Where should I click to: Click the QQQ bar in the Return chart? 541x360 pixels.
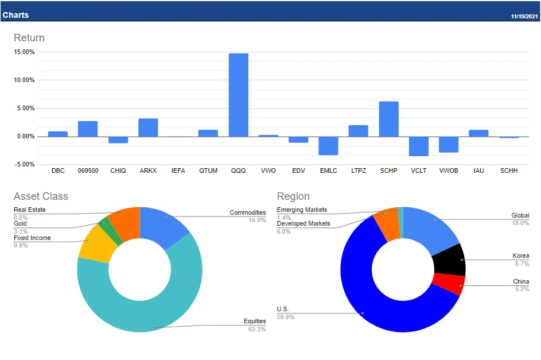coord(239,95)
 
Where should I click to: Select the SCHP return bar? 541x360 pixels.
coord(388,119)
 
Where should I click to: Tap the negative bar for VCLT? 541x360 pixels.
coord(419,146)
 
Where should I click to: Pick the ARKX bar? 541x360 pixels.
coord(148,127)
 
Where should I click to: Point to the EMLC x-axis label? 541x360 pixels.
coord(328,171)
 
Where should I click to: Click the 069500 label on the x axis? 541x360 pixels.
coord(88,171)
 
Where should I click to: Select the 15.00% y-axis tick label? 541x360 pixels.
coord(25,52)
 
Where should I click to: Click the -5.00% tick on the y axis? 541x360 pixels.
coord(25,164)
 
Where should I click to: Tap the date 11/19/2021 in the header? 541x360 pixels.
coord(524,16)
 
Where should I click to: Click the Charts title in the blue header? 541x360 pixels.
coord(15,15)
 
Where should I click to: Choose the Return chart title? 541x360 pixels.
coord(29,38)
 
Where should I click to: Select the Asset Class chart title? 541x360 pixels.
coord(41,196)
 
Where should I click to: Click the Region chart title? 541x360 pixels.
coord(293,196)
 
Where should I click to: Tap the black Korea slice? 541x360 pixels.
coord(449,261)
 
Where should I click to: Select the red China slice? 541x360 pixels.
coord(447,283)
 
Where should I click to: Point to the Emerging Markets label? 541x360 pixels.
coord(302,210)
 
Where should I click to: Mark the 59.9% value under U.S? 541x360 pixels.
coord(286,317)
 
